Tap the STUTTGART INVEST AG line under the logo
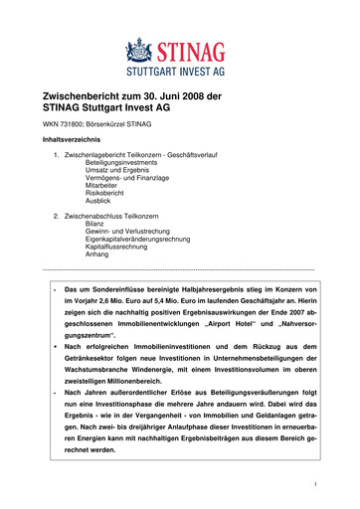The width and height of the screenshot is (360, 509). coord(180,72)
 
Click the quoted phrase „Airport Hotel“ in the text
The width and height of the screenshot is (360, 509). coord(228,324)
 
